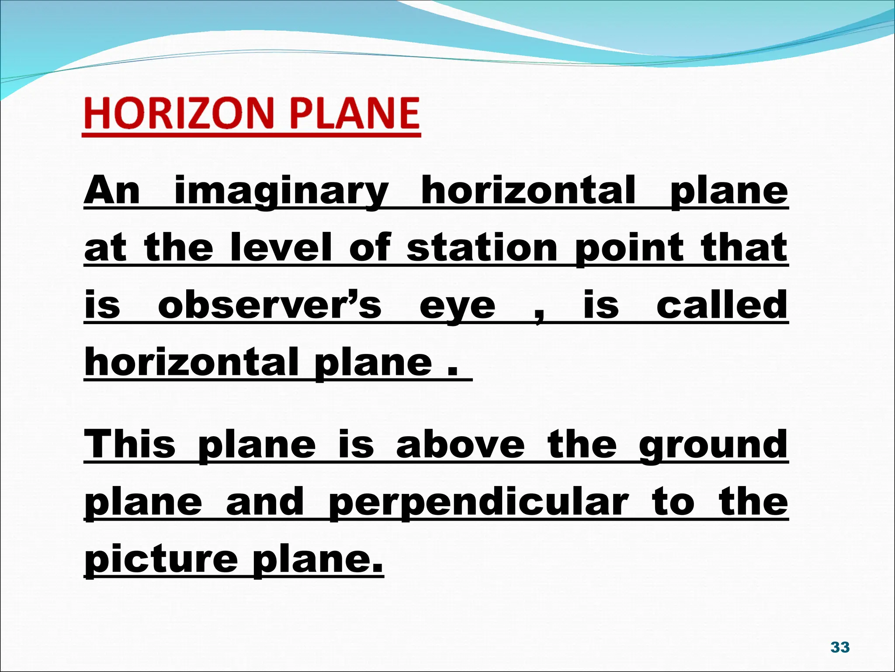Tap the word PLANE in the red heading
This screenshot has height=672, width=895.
pos(354,113)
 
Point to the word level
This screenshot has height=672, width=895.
pos(281,248)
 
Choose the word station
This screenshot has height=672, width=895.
pos(482,248)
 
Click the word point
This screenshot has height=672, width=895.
pos(629,248)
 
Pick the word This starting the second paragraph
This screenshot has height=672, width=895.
pos(130,444)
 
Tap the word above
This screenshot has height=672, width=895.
pos(460,444)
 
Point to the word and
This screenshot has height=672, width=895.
pos(265,502)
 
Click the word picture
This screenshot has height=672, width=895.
pos(161,560)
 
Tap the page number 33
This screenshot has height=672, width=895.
pos(839,647)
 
